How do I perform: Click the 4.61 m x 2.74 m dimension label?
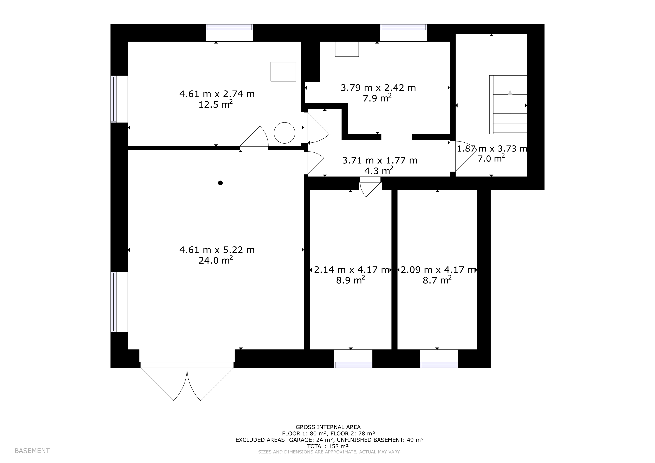point(217,94)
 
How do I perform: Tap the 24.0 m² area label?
point(216,260)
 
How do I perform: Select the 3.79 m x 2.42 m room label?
point(378,87)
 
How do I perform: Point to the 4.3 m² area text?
point(379,170)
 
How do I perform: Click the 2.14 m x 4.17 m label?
point(352,270)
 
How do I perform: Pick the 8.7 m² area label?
point(437,280)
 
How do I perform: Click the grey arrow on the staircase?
point(510,104)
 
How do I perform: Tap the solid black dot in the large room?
point(220,183)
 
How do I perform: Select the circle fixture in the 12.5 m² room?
point(285,133)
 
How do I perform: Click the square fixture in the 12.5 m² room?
point(283,72)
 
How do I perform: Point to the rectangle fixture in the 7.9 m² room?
point(347,49)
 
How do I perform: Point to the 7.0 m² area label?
point(491,158)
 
